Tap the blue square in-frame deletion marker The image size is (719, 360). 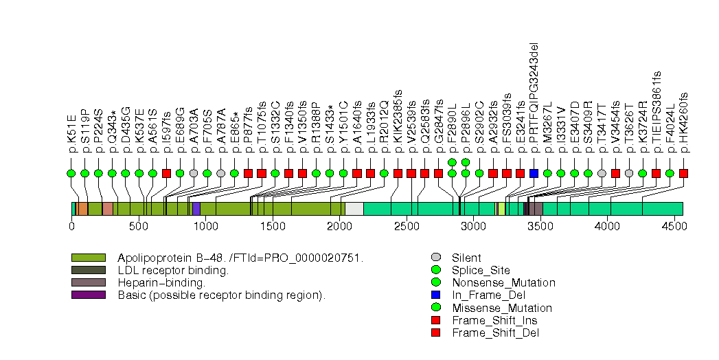534,173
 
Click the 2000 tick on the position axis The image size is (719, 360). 339,225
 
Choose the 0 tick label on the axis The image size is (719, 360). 71,225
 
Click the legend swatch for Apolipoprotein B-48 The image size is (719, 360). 88,258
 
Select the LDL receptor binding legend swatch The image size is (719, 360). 88,270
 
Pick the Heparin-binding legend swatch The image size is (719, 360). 88,282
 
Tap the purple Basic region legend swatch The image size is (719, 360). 88,295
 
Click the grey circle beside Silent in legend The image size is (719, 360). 435,258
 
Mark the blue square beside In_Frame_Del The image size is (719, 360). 435,295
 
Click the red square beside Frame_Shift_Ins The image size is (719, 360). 435,320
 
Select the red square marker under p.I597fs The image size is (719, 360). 166,173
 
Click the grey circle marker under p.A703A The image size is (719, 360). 194,173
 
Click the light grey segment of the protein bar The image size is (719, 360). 354,209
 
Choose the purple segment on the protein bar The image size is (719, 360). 196,209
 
